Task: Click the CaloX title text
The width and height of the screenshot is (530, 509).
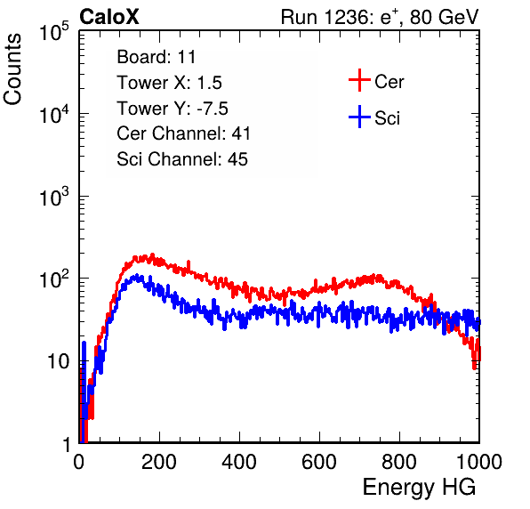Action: pos(109,17)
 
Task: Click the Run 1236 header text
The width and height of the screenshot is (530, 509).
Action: pos(380,17)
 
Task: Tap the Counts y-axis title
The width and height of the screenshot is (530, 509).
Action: pos(12,69)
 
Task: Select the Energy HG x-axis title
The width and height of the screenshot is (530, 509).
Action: pos(419,488)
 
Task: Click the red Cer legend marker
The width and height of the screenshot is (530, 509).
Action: pos(359,80)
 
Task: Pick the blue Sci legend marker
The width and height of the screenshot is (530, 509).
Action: pos(359,117)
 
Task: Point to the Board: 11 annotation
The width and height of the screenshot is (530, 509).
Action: pos(157,57)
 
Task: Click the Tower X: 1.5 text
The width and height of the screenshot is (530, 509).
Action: pos(169,83)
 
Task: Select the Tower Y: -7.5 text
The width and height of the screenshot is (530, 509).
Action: pos(173,109)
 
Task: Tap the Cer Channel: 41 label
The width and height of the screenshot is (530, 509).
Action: pos(183,133)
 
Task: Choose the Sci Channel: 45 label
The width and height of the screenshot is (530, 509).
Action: pos(182,159)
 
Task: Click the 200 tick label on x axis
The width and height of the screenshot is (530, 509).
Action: pos(159,462)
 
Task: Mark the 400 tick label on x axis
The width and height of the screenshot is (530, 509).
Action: pos(239,462)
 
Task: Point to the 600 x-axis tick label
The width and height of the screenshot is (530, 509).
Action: pos(319,462)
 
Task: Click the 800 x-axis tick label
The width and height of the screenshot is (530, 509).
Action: pos(399,462)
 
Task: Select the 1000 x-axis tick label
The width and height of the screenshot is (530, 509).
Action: pos(479,462)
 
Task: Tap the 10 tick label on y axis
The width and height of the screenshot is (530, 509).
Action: pos(59,361)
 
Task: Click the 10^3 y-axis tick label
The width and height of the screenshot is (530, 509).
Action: pos(54,198)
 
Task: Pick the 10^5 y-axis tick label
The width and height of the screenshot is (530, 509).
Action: pos(54,32)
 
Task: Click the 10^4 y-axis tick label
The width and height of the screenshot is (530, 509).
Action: pos(54,114)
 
